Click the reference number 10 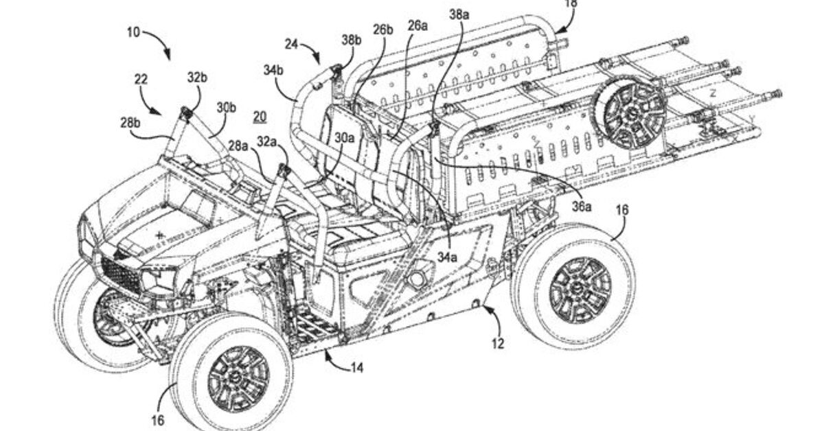click(x=133, y=32)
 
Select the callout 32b click(x=197, y=78)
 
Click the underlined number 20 click(x=260, y=117)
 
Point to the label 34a click(x=448, y=257)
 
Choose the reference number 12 click(x=498, y=342)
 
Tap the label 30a click(x=345, y=137)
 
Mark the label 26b click(x=383, y=29)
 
